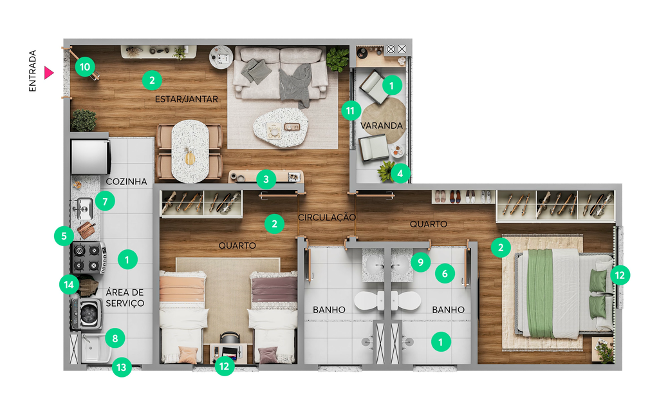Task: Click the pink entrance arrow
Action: (x=49, y=73)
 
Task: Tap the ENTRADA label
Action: (x=32, y=71)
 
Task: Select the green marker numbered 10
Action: (x=85, y=66)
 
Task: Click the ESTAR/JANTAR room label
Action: (x=186, y=99)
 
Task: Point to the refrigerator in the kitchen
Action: (x=90, y=157)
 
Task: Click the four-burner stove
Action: (x=88, y=257)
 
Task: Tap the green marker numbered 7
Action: (x=105, y=202)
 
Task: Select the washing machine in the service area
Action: (x=87, y=314)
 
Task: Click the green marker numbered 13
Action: (x=122, y=367)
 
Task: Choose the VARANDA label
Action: (x=382, y=126)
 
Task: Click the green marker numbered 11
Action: (x=351, y=111)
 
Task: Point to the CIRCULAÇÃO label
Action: (x=327, y=217)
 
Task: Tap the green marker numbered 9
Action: (x=420, y=262)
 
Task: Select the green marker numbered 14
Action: (x=69, y=285)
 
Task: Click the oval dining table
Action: (x=190, y=151)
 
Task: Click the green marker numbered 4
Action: (x=400, y=173)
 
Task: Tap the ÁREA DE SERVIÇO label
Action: (x=125, y=298)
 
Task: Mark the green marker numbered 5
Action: (x=64, y=236)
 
